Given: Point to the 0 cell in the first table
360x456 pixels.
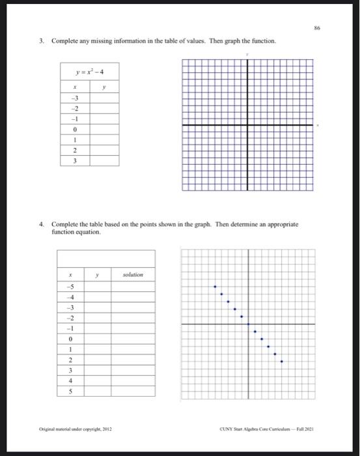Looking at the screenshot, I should coord(75,130).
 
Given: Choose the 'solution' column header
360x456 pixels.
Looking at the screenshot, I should coord(132,276).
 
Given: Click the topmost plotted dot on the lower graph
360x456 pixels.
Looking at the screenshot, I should coord(215,286).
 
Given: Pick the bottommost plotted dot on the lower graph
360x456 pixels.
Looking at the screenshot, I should coord(281,362).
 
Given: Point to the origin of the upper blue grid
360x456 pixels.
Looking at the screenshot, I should coord(247,125).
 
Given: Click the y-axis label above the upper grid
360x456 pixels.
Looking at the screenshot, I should coord(247,55).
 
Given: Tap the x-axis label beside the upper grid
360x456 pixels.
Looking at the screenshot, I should coord(318,125).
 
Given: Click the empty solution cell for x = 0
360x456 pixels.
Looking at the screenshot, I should coord(132,339).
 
